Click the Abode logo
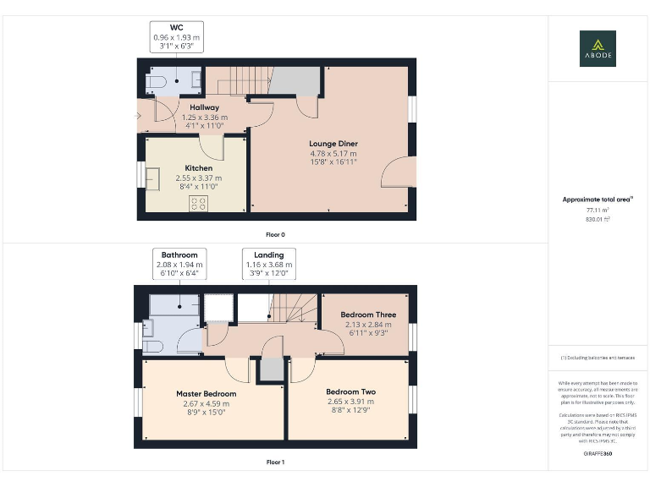pos(598,48)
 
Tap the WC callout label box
pos(176,37)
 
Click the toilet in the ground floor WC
pos(156,81)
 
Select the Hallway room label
pos(204,107)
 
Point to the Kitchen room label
pos(198,167)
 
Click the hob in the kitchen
pos(200,203)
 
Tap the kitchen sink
pos(153,179)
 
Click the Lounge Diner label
pos(333,144)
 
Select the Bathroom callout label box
pos(179,265)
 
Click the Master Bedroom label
pos(206,393)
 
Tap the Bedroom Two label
pos(350,391)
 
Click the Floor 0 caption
pos(276,234)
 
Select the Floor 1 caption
pos(276,462)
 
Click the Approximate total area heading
pos(597,200)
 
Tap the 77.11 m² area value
pos(598,210)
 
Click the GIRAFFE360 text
pos(598,454)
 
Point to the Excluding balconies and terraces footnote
pos(598,358)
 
